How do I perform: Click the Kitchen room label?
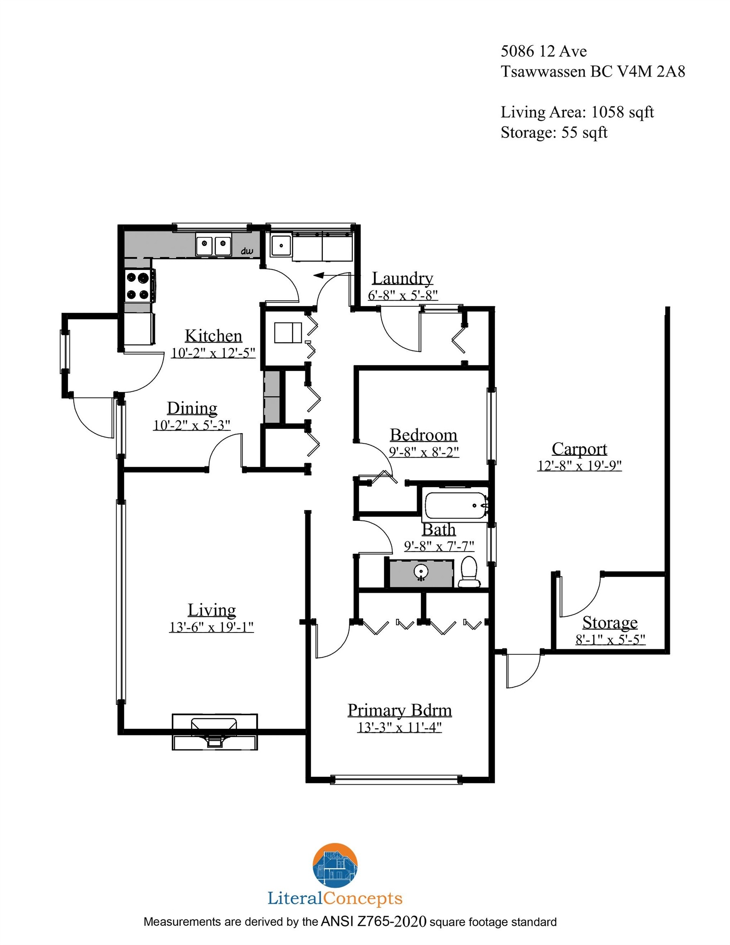click(x=213, y=336)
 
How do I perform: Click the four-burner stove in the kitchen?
click(x=138, y=285)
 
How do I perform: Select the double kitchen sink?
click(x=213, y=245)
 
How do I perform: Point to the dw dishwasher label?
click(x=246, y=251)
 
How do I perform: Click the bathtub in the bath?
click(x=456, y=505)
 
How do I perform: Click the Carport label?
click(x=579, y=449)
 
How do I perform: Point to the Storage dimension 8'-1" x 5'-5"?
click(x=610, y=639)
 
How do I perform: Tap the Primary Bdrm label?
click(x=399, y=710)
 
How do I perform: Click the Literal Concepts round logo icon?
click(x=335, y=865)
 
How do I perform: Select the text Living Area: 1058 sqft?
click(x=577, y=112)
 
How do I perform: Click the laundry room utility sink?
click(x=281, y=245)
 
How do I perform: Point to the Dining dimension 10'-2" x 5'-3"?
click(x=192, y=425)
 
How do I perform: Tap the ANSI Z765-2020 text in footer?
click(x=374, y=922)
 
